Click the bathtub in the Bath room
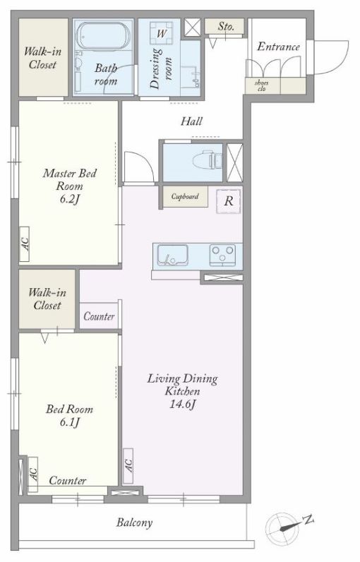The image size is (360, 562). [x=104, y=36]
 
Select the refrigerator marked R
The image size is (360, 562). [x=229, y=201]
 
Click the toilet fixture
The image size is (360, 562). [x=207, y=160]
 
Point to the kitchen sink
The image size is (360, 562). [x=173, y=255]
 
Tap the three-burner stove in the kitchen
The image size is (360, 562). [x=222, y=255]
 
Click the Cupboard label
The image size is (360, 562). [x=185, y=196]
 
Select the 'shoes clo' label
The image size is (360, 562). [x=261, y=85]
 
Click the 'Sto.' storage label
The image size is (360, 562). [x=226, y=26]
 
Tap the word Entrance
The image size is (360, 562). [x=278, y=47]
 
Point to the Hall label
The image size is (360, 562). [x=191, y=121]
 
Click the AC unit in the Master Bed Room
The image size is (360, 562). [x=25, y=244]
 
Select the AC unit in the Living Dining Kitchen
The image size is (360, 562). [x=128, y=465]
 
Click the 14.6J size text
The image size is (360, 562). [x=183, y=405]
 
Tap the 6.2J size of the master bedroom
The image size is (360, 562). [x=69, y=199]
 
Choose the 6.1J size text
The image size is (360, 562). [x=69, y=422]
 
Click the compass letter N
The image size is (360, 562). [x=308, y=520]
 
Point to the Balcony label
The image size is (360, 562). [x=134, y=522]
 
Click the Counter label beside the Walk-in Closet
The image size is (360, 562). [x=99, y=316]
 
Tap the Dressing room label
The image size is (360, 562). [x=161, y=68]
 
